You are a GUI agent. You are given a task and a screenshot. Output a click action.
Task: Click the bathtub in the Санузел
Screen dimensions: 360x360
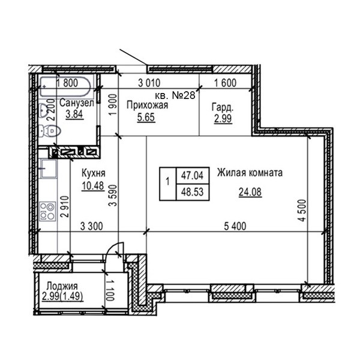(65, 88)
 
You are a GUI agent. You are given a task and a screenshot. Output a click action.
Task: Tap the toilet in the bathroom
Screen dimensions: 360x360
(50, 131)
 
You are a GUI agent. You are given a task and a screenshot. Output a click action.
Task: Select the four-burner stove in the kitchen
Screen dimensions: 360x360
(48, 211)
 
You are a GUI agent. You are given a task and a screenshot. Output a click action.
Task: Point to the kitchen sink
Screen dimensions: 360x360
(49, 169)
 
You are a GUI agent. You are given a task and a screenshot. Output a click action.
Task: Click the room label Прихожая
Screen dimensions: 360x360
(147, 106)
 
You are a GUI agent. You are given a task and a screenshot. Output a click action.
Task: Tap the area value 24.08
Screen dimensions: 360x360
(250, 192)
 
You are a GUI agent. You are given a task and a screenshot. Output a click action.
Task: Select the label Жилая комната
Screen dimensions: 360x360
(250, 173)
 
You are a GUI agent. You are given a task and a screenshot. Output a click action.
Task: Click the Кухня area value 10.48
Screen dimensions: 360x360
(93, 186)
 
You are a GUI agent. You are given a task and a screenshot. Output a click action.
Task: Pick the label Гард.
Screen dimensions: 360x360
(223, 107)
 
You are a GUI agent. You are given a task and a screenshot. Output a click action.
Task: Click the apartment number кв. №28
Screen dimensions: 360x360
(175, 95)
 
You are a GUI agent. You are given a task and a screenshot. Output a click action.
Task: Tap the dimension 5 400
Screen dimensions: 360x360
(235, 226)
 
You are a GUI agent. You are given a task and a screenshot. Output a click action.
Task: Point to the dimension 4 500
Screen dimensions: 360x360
(302, 211)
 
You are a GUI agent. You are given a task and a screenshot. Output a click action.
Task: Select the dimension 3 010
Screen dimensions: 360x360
(149, 83)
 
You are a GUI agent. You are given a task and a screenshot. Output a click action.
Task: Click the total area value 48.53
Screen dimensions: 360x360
(192, 192)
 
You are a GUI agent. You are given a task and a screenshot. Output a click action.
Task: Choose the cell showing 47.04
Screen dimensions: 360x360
(192, 176)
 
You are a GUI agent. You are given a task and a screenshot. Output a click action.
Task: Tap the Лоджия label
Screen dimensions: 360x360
(62, 286)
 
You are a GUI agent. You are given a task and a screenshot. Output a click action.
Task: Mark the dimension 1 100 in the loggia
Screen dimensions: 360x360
(110, 290)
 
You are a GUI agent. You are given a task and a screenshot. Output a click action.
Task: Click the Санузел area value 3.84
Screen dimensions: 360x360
(74, 114)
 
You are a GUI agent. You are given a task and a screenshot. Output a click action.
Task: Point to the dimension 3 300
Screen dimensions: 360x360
(92, 226)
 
